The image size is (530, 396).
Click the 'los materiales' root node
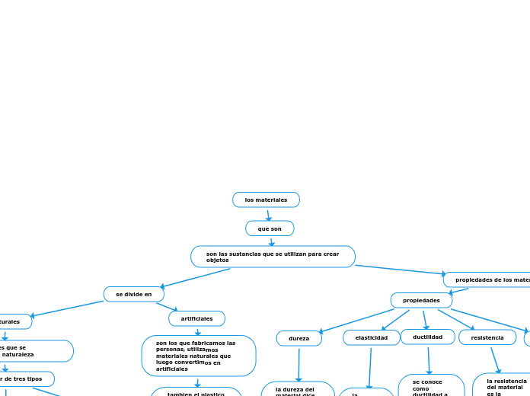click(266, 200)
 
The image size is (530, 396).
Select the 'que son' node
click(270, 228)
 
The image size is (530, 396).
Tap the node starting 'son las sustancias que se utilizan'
click(273, 257)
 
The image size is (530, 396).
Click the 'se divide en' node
click(134, 294)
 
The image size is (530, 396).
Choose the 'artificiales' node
click(196, 318)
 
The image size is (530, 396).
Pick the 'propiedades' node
click(421, 300)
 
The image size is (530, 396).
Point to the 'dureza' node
click(299, 338)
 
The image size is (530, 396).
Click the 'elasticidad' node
click(372, 337)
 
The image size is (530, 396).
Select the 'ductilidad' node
click(427, 337)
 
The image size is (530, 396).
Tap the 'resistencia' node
click(487, 337)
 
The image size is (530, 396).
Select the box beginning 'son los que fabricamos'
click(198, 356)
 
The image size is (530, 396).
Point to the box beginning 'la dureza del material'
click(298, 389)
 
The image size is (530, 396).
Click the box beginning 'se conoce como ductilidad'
click(431, 385)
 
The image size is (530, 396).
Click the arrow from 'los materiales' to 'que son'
click(268, 215)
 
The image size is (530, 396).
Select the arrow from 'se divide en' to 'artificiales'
click(168, 307)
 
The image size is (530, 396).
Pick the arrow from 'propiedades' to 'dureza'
click(356, 321)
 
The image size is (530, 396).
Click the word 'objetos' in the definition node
click(217, 260)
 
